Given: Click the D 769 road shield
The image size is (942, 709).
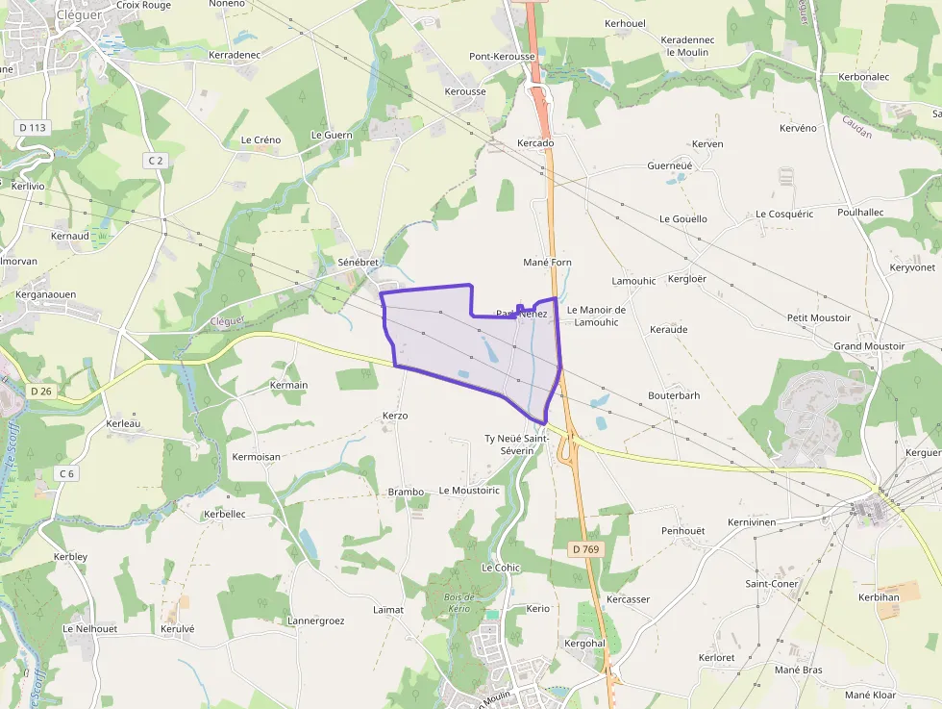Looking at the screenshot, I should pos(584,549).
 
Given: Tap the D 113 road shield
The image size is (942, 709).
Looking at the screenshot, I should pos(32,127).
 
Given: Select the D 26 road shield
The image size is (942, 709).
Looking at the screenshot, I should pos(40,391).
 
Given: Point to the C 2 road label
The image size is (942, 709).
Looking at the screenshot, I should pos(156,160).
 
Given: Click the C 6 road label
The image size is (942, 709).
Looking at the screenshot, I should pos(66,473).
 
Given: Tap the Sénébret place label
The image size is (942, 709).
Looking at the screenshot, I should pos(358,262).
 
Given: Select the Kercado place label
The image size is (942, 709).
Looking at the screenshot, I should pos(535,143).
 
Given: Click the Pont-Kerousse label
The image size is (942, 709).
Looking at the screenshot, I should pos(502,57).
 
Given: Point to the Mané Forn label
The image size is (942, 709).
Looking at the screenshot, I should pos(547,262).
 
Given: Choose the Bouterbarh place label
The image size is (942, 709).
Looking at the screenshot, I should pos(674,395).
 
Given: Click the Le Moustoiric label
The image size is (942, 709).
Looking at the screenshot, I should pos(469,490).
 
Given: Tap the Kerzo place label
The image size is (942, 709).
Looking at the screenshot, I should pos(395,416).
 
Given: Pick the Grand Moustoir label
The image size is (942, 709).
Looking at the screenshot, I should pos(869,345).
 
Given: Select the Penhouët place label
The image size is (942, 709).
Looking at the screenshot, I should pos(682,531).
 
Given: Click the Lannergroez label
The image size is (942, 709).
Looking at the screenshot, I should pos(315,620).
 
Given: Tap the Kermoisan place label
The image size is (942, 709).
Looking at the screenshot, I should pos(256,456).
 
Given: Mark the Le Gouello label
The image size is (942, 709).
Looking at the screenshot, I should pos(682,219).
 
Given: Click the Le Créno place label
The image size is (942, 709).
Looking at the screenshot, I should pos(260,139).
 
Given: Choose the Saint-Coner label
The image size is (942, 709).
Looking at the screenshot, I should pos(772,584).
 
